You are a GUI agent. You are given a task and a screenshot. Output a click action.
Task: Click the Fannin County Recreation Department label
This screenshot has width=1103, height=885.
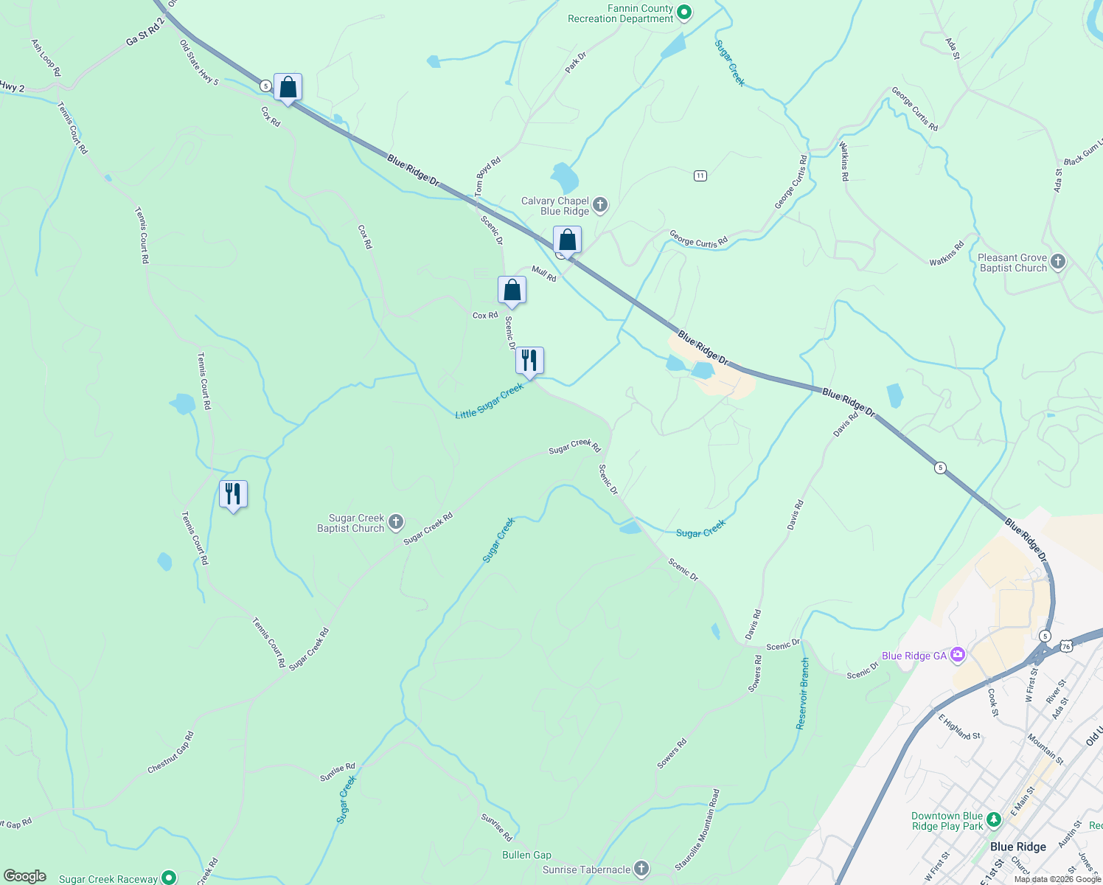click(620, 13)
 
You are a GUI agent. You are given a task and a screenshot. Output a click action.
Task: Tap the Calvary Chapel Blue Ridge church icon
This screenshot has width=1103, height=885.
click(600, 205)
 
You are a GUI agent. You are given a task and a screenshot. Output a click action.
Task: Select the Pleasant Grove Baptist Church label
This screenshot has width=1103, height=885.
click(1013, 263)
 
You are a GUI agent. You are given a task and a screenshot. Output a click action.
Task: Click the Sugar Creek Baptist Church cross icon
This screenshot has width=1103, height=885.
click(396, 523)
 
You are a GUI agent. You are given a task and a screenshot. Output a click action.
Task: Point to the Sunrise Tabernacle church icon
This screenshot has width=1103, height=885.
click(641, 869)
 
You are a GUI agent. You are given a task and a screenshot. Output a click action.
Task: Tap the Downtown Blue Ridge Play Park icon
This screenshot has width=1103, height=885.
click(994, 819)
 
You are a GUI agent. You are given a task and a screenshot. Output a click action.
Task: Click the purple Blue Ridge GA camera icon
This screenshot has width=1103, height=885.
click(958, 654)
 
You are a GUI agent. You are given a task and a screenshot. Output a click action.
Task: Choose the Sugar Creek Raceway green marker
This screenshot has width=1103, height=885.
click(169, 878)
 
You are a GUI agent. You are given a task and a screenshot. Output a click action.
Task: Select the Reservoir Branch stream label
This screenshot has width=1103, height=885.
click(803, 693)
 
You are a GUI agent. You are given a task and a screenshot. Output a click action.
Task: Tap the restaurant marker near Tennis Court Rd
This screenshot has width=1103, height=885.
click(233, 494)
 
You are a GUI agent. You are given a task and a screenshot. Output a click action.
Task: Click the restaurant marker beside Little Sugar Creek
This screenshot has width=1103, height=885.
click(529, 361)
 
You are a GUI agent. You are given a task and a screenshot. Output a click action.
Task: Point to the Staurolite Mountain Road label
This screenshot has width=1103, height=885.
click(697, 830)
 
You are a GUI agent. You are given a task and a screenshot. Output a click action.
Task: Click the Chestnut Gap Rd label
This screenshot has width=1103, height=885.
click(170, 752)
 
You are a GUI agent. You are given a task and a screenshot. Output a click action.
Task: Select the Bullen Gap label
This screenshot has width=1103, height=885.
click(526, 855)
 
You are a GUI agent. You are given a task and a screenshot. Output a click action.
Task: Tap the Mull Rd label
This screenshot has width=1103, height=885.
click(544, 274)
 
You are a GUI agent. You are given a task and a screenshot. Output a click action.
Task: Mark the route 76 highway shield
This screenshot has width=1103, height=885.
click(1066, 646)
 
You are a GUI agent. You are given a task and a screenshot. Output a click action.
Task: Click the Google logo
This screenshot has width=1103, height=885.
click(25, 876)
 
